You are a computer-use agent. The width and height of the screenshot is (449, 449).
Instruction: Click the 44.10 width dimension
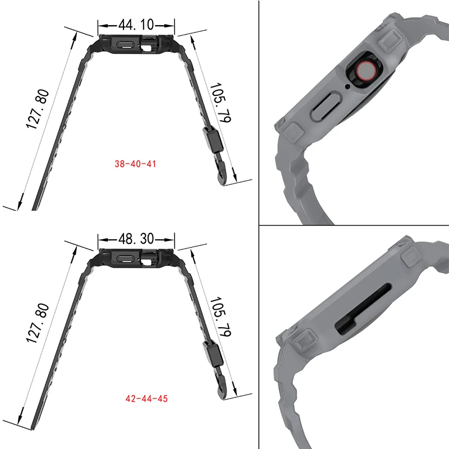coord(136,25)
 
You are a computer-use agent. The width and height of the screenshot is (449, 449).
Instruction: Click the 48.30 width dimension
coord(136,238)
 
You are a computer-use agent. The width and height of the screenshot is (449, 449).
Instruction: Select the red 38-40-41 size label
coord(135,164)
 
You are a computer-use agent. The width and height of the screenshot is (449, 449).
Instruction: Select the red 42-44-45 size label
coord(146,398)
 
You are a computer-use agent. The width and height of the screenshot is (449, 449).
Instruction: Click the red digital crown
coord(365,71)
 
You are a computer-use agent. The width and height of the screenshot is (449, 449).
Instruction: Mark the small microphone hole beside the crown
coord(348,86)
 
